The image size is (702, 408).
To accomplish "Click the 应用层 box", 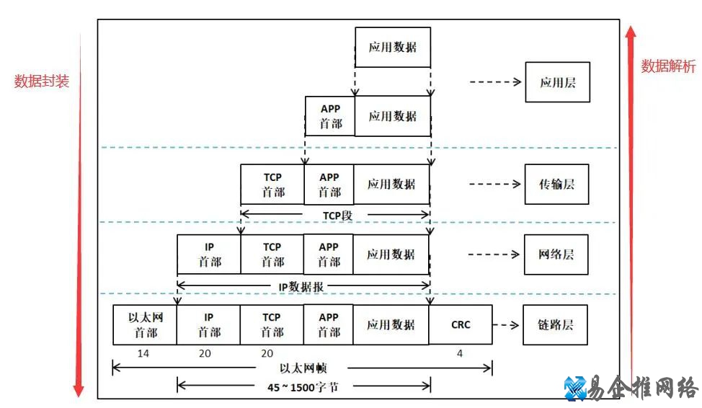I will [557, 82].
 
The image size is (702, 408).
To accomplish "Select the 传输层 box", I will [557, 185].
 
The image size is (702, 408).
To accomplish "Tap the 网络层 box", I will [556, 254].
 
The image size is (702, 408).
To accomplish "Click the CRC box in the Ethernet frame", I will [461, 325].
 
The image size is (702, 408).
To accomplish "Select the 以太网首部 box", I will [144, 325].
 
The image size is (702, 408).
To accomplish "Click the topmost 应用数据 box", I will [393, 48].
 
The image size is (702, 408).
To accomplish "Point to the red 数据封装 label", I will [42, 81].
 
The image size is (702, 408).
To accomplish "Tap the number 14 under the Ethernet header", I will [143, 354].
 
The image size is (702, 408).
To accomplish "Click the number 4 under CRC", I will [459, 354].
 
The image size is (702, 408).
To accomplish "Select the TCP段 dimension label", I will [337, 215].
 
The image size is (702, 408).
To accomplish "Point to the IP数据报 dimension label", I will [301, 286].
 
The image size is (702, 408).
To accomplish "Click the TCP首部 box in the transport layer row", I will [272, 185].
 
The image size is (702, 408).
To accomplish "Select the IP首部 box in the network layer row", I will [209, 254].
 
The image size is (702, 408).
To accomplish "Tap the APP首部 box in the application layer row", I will [330, 116].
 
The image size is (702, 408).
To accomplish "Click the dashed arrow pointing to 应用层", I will [495, 82].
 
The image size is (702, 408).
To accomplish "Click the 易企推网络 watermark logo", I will [630, 388].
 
